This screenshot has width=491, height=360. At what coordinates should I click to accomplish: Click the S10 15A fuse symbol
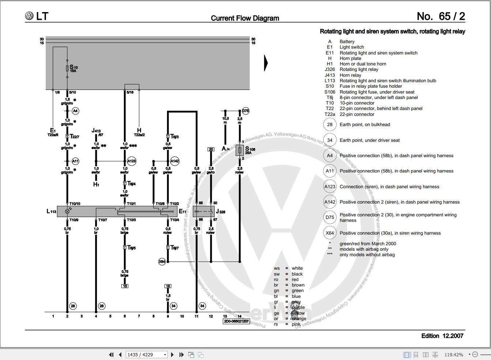[67, 68]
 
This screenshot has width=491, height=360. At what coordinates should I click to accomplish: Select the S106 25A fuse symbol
[240, 150]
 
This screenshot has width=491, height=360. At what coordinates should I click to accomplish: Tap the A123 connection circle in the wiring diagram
[132, 161]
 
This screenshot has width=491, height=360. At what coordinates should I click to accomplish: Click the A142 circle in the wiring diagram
[175, 161]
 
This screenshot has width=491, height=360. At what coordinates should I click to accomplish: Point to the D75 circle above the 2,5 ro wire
[246, 111]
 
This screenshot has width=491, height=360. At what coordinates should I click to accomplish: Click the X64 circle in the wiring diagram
[162, 262]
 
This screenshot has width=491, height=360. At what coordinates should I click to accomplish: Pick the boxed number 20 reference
[211, 149]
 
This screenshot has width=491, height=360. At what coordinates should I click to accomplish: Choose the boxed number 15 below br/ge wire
[125, 286]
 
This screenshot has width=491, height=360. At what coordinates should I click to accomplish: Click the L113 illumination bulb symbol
[67, 211]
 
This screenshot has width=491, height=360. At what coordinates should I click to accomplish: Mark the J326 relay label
[220, 212]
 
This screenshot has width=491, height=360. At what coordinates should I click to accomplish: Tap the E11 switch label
[182, 211]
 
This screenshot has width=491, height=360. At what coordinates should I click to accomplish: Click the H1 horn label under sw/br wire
[96, 185]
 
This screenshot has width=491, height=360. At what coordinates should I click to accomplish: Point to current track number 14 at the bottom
[239, 316]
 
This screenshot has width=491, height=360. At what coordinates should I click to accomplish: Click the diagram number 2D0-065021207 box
[236, 321]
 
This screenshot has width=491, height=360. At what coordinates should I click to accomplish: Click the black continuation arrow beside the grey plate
[266, 63]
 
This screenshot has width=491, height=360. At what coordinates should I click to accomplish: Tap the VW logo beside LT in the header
[29, 16]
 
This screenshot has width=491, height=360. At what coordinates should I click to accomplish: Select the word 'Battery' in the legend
[347, 42]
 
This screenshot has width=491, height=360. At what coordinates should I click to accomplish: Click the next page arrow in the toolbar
[172, 355]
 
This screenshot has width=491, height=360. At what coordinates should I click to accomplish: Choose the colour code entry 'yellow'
[298, 313]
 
